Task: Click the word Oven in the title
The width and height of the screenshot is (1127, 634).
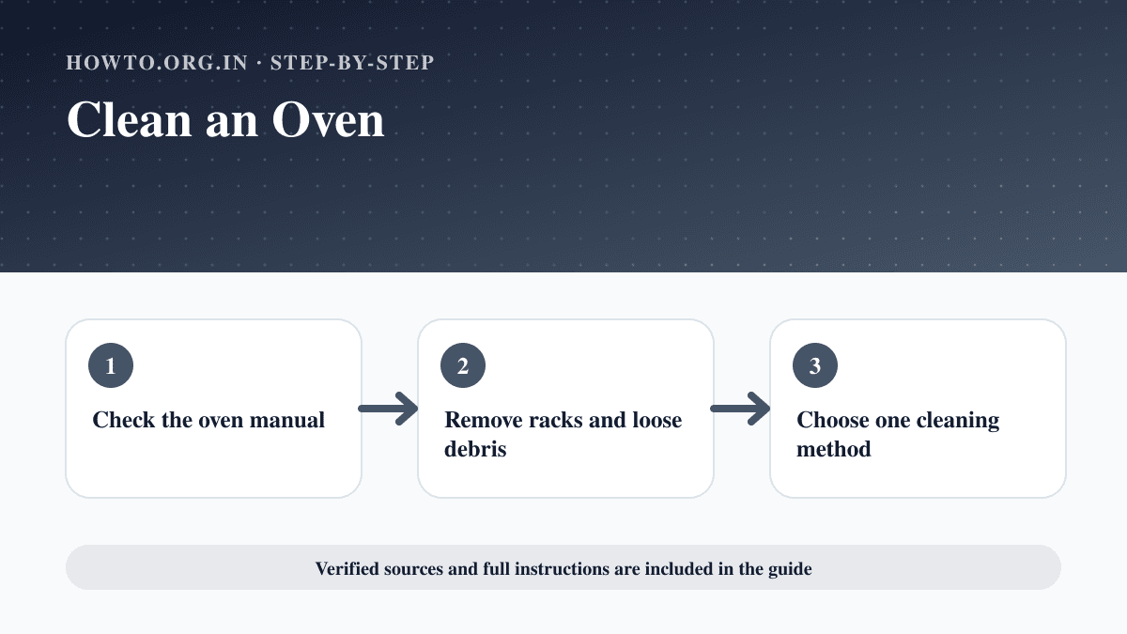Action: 328,120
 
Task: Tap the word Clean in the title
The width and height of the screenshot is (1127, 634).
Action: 130,120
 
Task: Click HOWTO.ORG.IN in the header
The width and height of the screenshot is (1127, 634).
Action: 157,62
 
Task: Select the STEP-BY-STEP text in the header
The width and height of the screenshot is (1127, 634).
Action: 352,62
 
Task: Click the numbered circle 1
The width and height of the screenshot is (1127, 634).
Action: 111,365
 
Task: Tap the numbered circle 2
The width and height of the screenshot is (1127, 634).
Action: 463,365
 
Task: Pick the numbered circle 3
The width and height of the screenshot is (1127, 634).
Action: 815,365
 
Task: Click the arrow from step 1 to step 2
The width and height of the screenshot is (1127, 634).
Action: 388,409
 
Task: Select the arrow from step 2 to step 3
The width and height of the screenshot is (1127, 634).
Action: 740,409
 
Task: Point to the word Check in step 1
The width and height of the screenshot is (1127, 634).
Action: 124,420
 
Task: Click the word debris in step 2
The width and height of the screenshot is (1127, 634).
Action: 475,449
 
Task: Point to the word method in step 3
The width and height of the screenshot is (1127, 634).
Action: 834,449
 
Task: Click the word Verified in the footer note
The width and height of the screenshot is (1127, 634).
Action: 347,568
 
